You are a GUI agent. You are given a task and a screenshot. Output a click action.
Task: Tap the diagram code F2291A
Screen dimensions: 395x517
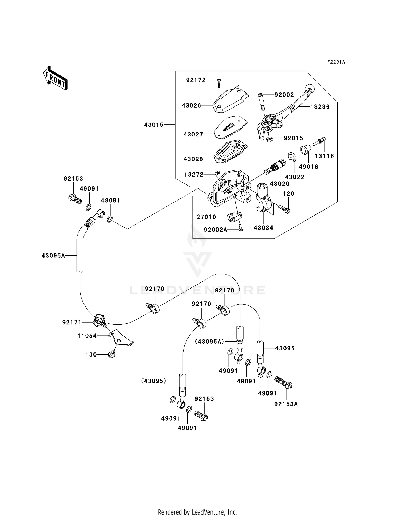pos(336,62)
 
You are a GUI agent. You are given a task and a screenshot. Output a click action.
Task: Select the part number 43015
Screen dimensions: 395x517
pos(154,125)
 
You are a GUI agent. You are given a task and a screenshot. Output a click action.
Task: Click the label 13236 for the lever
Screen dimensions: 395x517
pos(320,107)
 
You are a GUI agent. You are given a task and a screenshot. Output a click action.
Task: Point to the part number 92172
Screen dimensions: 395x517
pos(196,80)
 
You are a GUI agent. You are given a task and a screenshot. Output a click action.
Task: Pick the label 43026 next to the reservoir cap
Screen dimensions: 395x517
pos(191,105)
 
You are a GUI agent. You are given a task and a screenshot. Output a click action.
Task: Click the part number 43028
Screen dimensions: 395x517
pos(193,159)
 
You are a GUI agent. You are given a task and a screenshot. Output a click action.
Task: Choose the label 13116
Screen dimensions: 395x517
pos(324,156)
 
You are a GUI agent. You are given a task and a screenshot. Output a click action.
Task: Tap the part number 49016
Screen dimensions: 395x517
pos(309,167)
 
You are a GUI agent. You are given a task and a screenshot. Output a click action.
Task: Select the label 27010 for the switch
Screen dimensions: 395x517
pos(206,217)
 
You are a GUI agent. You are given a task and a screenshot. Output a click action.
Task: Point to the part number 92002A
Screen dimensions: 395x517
pos(215,230)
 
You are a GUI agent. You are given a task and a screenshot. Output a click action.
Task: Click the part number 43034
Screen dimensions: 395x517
pos(264,228)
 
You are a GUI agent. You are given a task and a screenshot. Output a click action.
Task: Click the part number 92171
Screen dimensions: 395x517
pos(72,322)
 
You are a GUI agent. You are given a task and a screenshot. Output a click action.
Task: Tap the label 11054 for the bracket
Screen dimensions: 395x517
pos(87,336)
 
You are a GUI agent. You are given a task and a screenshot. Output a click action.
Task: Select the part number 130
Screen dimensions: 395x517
pos(91,355)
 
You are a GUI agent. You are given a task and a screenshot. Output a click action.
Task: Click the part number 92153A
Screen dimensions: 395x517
pos(286,404)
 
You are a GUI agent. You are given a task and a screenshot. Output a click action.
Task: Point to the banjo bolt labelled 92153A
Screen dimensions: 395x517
pos(283,382)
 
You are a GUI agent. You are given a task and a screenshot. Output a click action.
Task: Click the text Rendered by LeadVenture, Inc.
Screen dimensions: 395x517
pos(197,505)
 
